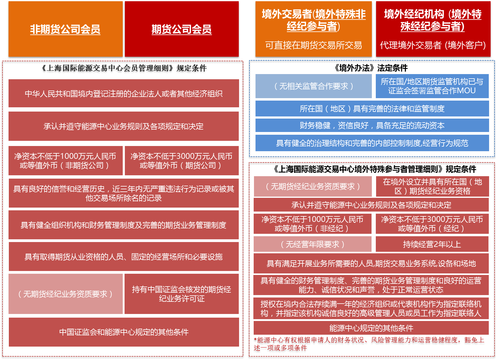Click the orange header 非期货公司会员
coord(65,29)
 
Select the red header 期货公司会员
coord(182,29)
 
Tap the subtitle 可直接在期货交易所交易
coord(313,45)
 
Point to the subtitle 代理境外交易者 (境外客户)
coord(433,45)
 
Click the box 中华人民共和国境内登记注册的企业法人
coord(124,93)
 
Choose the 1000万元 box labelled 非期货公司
coord(65,161)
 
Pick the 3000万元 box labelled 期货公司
coord(182,161)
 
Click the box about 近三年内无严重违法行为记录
coord(124,193)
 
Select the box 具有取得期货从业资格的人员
coord(124,257)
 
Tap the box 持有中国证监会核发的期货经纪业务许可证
coord(182,294)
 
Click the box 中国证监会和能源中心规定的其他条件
coord(124,332)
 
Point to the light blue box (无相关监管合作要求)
coord(313,86)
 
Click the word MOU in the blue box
coord(466,91)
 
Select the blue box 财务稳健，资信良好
coord(372,125)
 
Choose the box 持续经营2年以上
coord(432,244)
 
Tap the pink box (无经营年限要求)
coord(312,244)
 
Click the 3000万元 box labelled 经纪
coord(432,224)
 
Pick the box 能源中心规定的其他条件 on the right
coord(371,328)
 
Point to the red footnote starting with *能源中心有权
coord(368,344)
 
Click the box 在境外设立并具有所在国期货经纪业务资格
coord(432,186)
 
